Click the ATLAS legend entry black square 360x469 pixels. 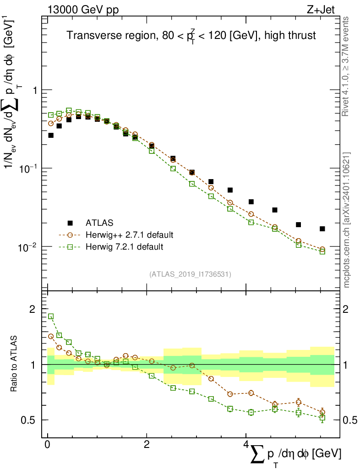point(70,223)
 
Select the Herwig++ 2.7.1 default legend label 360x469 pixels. point(129,235)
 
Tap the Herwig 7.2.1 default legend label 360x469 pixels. point(124,247)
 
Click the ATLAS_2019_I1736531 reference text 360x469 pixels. point(190,274)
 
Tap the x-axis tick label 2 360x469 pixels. point(147,445)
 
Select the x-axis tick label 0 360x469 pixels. point(48,445)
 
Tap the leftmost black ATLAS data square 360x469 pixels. point(51,135)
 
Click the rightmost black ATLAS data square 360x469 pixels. point(322,229)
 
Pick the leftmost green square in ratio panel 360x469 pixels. point(51,316)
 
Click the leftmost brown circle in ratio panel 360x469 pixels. point(51,336)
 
